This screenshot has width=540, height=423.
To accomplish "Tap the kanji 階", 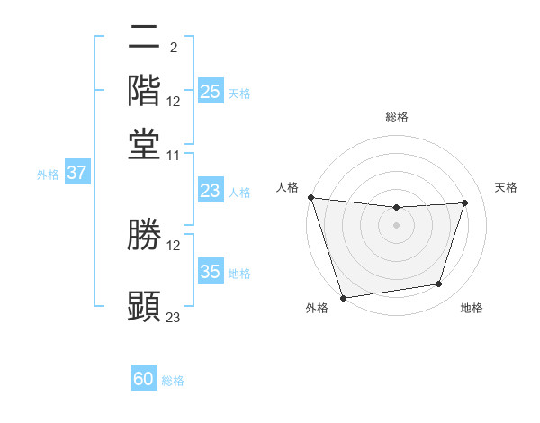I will (145, 91).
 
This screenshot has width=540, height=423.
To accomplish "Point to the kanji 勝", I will (145, 235).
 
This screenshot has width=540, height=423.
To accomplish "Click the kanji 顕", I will (145, 304).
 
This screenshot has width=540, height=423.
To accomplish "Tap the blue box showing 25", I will (211, 92).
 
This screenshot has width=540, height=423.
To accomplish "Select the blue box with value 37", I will (77, 174).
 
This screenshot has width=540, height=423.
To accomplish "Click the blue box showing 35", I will (211, 272).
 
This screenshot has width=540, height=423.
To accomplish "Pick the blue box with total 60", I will (144, 380).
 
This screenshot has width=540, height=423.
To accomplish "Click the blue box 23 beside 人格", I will (211, 191).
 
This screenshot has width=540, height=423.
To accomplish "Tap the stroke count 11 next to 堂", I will (174, 155).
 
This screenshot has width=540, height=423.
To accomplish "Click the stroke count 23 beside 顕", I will (174, 316).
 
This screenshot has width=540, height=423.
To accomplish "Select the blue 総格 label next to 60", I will (173, 381).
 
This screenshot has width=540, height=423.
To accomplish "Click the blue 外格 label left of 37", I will (48, 175).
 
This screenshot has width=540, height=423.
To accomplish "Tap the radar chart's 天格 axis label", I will (507, 187).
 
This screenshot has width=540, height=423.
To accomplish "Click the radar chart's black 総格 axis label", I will (397, 117).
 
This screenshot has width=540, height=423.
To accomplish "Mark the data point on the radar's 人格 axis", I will (310, 197).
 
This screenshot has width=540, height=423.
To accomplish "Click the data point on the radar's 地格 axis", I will (439, 284).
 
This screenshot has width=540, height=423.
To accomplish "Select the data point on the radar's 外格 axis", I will (343, 297).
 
